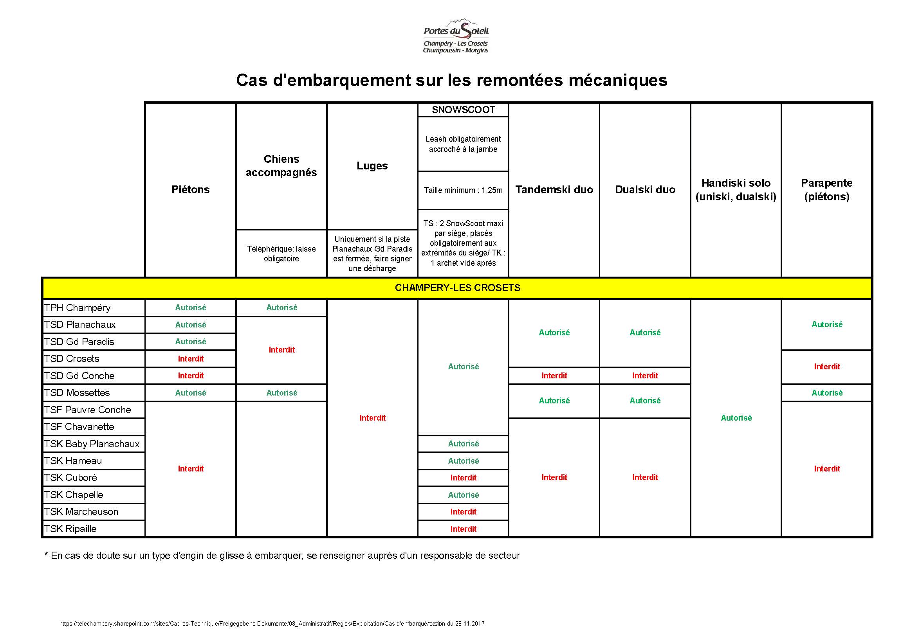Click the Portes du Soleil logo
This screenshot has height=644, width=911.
[456, 36]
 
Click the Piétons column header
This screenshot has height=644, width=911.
[190, 189]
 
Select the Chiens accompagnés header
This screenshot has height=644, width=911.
[281, 166]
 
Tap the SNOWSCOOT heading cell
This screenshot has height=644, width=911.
[463, 110]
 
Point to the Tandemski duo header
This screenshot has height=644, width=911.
[554, 189]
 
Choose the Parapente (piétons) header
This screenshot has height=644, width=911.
[826, 189]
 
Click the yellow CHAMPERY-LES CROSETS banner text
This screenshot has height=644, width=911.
[457, 288]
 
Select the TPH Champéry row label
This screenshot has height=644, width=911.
[78, 308]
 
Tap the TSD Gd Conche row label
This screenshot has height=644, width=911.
[79, 376]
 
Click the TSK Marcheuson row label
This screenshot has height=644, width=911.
[81, 511]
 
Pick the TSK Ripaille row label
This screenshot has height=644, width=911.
[70, 529]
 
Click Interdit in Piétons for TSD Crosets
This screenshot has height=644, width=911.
[190, 359]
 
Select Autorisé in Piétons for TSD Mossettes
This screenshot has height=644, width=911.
[190, 392]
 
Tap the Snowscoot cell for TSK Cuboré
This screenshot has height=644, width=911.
[463, 478]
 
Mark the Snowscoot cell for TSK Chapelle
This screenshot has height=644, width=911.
[463, 495]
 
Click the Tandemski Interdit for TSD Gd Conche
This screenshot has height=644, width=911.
[554, 376]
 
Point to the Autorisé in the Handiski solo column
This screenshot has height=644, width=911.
[736, 418]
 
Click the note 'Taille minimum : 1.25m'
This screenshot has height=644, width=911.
[463, 191]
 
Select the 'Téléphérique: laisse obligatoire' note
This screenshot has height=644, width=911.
[281, 254]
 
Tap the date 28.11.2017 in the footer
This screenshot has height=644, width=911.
[470, 623]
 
